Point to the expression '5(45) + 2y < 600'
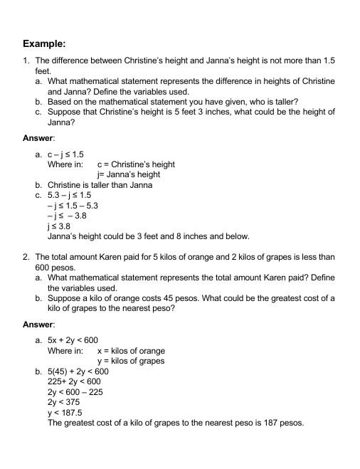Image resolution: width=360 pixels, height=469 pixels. click(78, 371)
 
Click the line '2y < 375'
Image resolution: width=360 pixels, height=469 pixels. click(63, 402)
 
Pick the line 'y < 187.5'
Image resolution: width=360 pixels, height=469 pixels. click(65, 413)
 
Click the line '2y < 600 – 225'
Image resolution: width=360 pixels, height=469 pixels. click(75, 392)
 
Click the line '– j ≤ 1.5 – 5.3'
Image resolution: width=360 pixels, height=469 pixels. click(73, 206)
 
